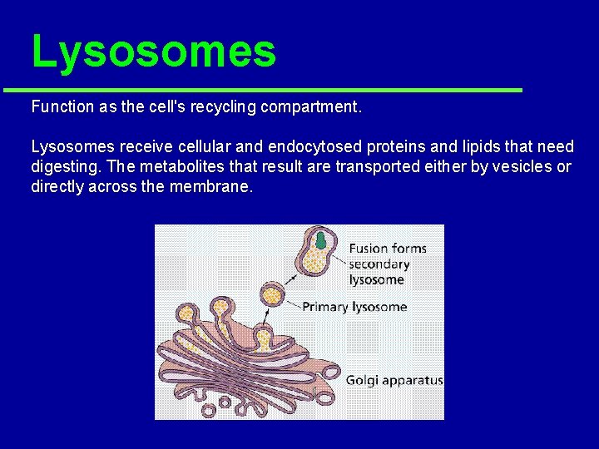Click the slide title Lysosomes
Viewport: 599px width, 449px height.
[x=153, y=52]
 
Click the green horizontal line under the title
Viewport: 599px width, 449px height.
[x=262, y=90]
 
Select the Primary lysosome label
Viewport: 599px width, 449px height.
[x=354, y=307]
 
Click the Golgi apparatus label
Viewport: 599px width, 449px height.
[x=394, y=381]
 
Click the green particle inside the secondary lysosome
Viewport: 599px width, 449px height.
[x=320, y=242]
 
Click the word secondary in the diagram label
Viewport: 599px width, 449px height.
[x=379, y=264]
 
